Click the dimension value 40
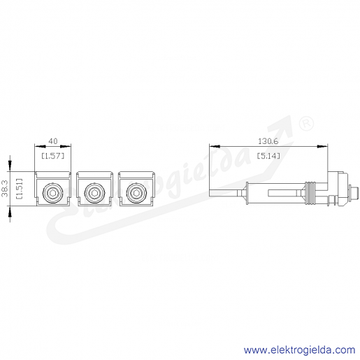[x=53, y=141]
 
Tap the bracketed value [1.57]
[x=53, y=156]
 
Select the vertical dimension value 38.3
[x=5, y=189]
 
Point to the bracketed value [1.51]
[x=19, y=189]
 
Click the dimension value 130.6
[x=268, y=141]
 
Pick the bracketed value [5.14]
[x=268, y=156]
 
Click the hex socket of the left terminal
[x=53, y=193]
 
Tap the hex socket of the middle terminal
[x=94, y=193]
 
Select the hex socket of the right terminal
[x=136, y=193]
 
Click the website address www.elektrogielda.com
[x=300, y=350]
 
